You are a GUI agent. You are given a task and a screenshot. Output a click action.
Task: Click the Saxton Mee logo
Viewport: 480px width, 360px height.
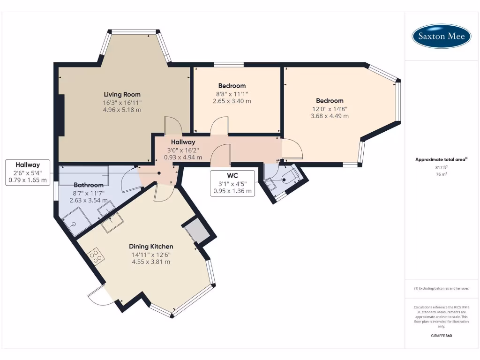click(x=441, y=36)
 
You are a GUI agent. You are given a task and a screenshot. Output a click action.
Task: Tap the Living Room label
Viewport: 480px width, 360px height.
click(x=122, y=94)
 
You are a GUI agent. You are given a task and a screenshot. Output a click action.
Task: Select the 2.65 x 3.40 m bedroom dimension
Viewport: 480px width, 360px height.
click(x=232, y=101)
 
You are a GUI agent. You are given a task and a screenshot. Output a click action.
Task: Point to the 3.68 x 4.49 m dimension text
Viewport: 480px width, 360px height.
click(x=330, y=116)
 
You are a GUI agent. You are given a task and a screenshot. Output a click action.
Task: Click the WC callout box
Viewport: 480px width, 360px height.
click(x=232, y=183)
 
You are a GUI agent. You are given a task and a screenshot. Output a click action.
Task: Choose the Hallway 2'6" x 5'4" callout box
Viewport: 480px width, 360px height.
click(x=28, y=172)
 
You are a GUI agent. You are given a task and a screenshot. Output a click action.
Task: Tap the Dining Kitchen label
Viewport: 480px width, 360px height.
click(x=151, y=246)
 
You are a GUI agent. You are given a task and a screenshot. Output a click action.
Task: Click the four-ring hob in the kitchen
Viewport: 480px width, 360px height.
click(x=97, y=256)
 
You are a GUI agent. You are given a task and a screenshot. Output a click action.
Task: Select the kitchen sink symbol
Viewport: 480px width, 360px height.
click(x=112, y=222)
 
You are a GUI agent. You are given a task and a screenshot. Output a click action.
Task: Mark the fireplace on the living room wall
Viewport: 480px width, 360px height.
click(x=61, y=115)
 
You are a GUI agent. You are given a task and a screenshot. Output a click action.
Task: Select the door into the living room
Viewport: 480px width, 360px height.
click(x=172, y=125)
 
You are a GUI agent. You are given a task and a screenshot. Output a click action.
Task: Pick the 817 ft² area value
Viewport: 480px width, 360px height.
click(x=441, y=167)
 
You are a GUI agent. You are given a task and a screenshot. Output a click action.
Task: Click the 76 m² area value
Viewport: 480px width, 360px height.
click(x=441, y=174)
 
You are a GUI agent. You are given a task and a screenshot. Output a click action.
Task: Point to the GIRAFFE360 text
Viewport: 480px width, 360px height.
click(x=441, y=336)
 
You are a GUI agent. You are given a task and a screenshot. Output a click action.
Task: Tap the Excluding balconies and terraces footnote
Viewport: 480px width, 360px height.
click(x=441, y=288)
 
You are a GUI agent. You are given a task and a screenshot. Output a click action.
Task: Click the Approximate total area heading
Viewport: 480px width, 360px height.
click(x=441, y=159)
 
